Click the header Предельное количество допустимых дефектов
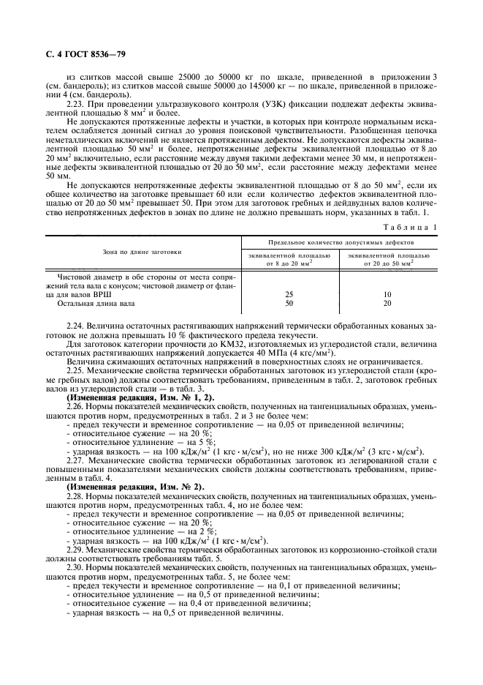pos(340,241)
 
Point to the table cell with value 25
pos(289,293)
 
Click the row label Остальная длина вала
pos(94,302)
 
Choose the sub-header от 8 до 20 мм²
pos(289,261)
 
